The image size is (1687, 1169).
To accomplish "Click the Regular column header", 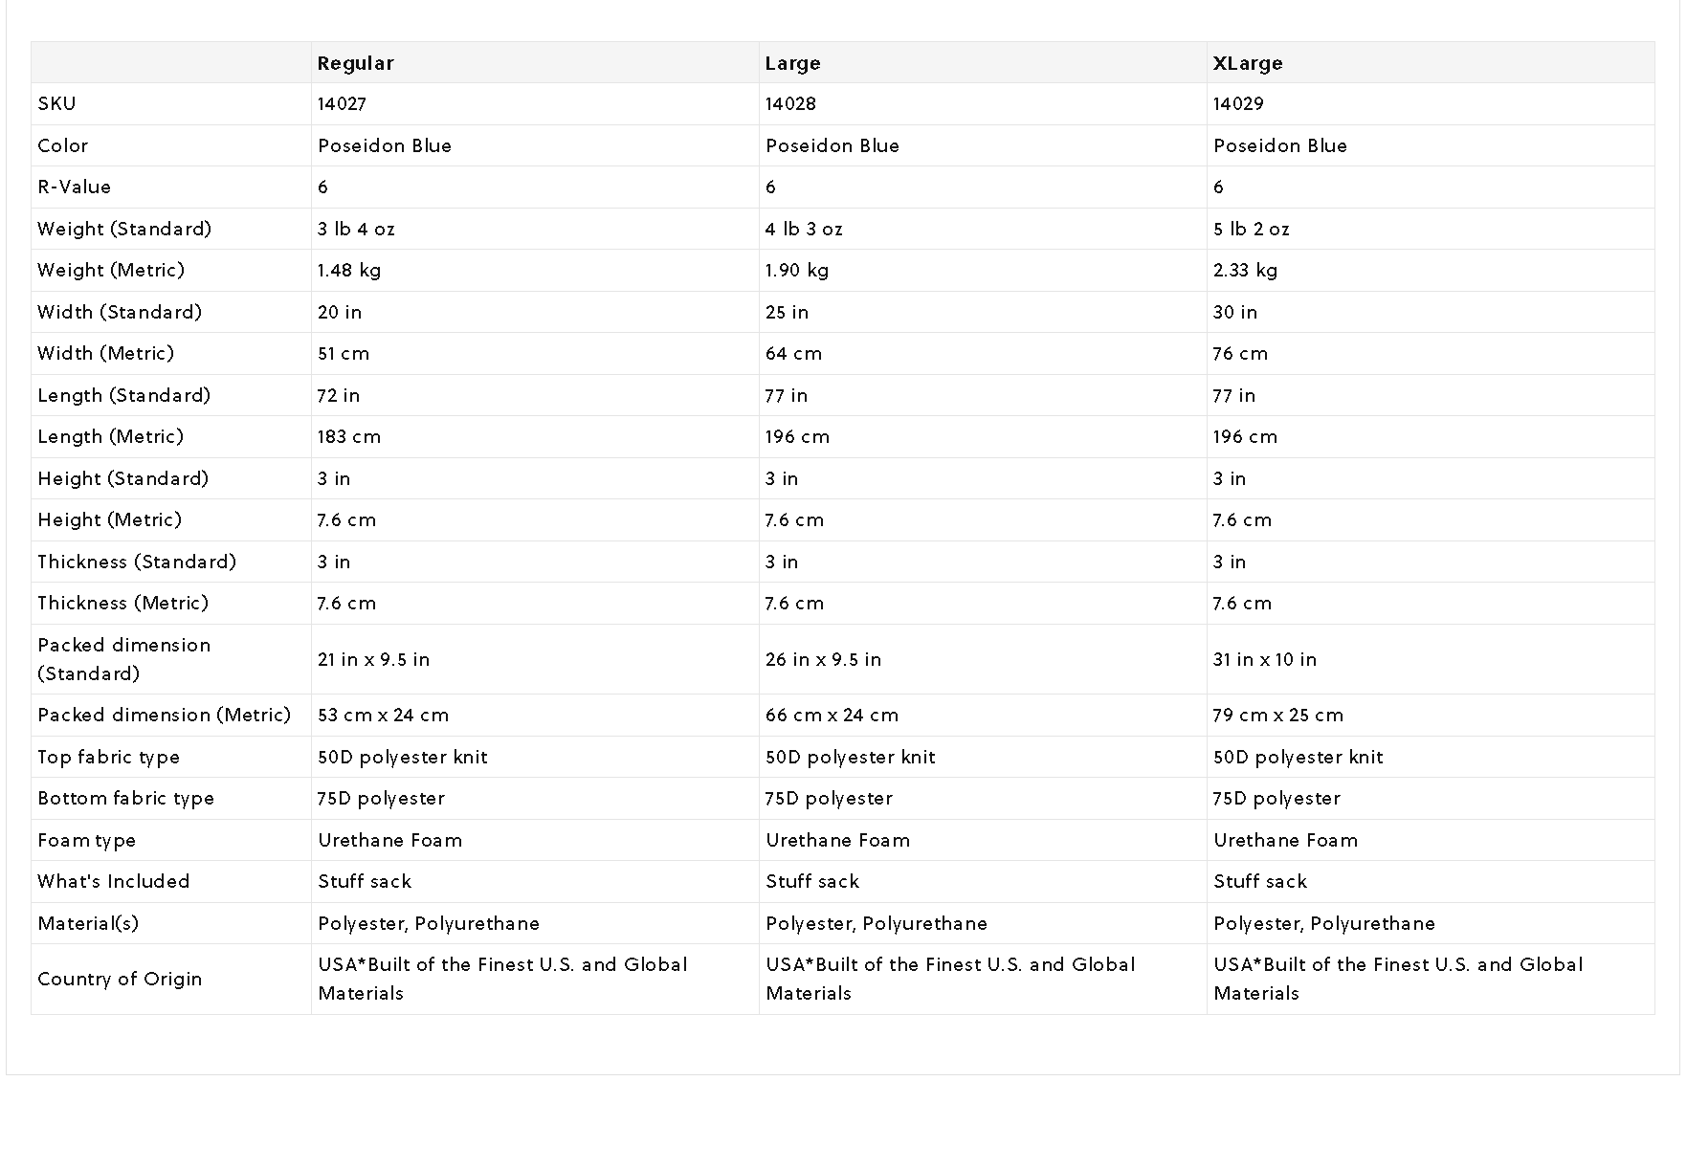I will pyautogui.click(x=355, y=63).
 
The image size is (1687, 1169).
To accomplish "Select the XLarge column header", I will pyautogui.click(x=1248, y=63).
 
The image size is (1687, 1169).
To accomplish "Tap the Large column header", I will pyautogui.click(x=792, y=63).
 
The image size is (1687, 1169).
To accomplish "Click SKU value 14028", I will pyautogui.click(x=790, y=103).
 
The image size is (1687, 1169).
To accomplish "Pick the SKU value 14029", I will pyautogui.click(x=1238, y=103).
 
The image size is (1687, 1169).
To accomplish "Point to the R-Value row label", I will pyautogui.click(x=74, y=187).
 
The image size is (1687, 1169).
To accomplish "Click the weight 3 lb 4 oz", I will pyautogui.click(x=356, y=229).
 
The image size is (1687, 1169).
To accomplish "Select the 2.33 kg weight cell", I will pyautogui.click(x=1245, y=270).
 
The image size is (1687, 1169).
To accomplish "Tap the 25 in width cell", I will pyautogui.click(x=787, y=312).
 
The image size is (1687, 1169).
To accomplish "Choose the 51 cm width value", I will pyautogui.click(x=344, y=353).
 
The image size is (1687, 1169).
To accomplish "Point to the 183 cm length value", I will pyautogui.click(x=349, y=436).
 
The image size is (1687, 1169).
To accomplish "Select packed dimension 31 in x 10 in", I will pyautogui.click(x=1265, y=659).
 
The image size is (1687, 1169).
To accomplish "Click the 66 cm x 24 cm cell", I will pyautogui.click(x=832, y=715).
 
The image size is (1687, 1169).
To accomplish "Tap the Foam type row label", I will pyautogui.click(x=86, y=840).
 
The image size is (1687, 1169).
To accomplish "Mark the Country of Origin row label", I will pyautogui.click(x=120, y=979).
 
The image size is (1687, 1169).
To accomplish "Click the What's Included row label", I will pyautogui.click(x=113, y=881).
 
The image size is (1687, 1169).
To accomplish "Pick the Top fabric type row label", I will pyautogui.click(x=108, y=757).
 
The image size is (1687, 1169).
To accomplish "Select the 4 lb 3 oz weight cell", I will pyautogui.click(x=804, y=229).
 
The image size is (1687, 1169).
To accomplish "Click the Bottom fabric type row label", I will pyautogui.click(x=125, y=798).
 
